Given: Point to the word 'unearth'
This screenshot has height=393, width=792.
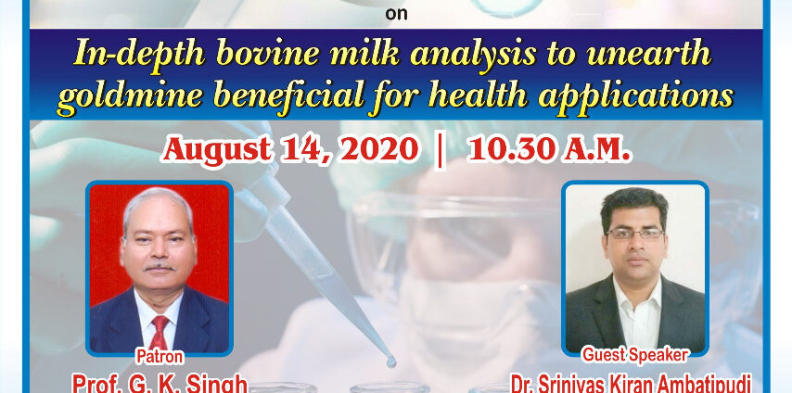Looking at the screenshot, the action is click(649, 54).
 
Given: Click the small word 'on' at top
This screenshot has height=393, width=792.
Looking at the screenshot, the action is click(396, 14).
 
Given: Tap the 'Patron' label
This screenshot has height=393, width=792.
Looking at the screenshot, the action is click(160, 357).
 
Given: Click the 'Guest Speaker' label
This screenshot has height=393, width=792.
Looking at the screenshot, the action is click(635, 355).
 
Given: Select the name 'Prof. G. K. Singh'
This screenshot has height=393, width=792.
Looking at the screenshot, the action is click(160, 383).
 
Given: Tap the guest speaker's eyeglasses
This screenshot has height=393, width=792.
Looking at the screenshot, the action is click(635, 234).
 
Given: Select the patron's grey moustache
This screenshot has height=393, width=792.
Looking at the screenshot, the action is click(159, 267).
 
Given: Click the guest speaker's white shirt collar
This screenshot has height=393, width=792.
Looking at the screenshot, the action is click(637, 294).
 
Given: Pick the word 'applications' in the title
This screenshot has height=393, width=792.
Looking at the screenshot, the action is click(636, 95).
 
